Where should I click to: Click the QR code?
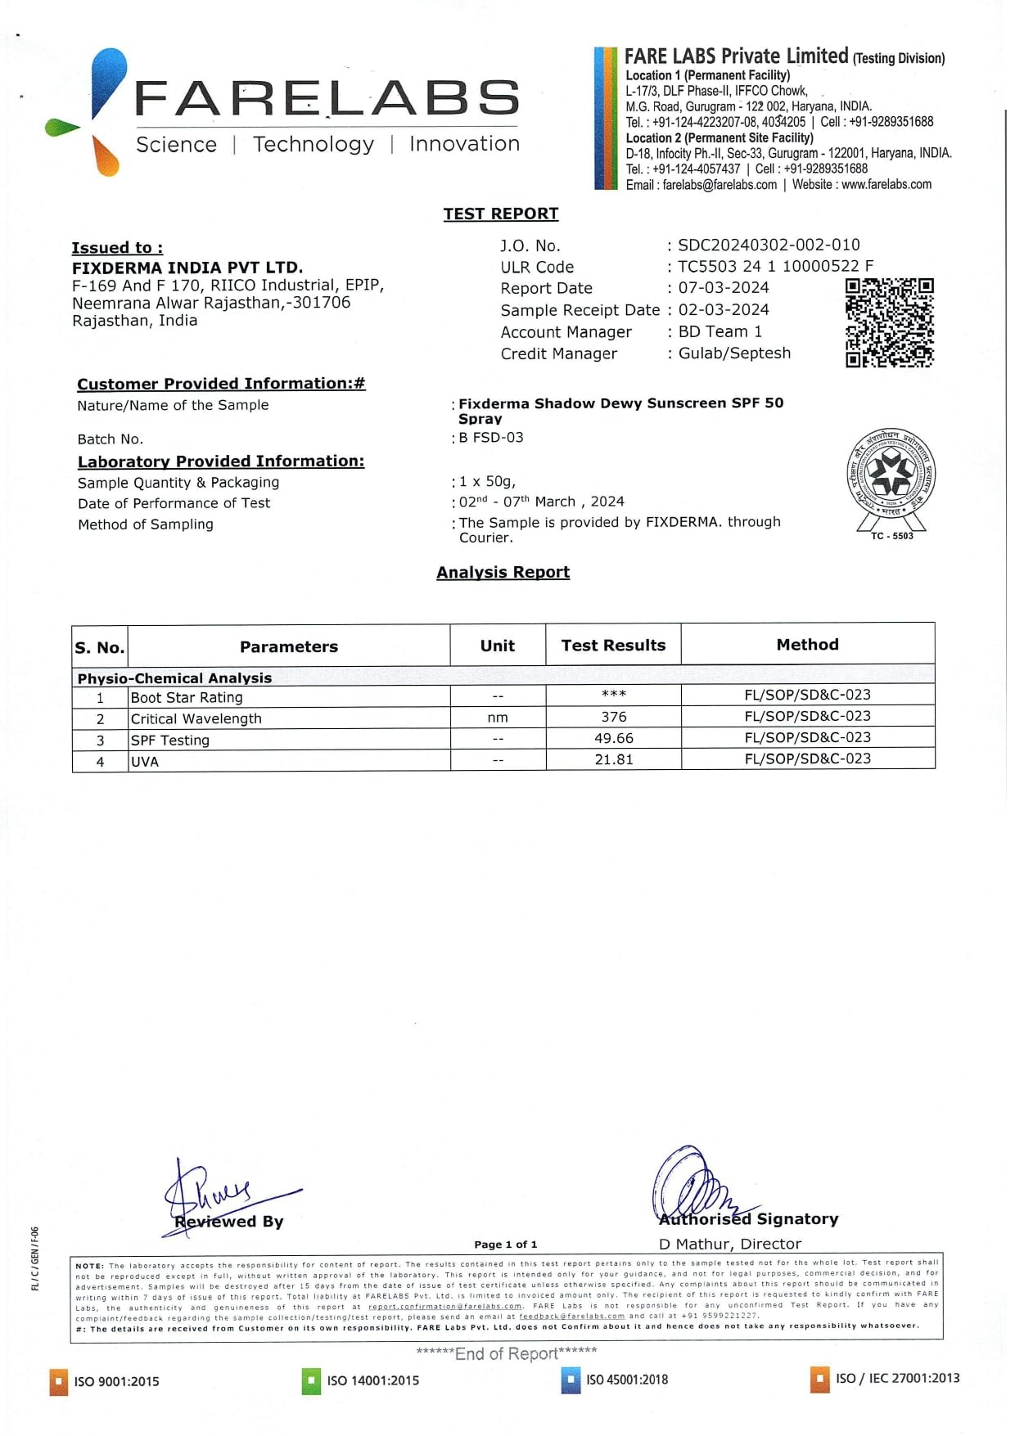pos(889,322)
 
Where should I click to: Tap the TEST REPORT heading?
pos(501,214)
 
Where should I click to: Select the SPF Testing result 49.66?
pos(614,738)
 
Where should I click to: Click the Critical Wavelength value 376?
pos(614,717)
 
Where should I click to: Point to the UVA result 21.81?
pos(614,759)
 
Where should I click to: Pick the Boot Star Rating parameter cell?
pos(187,697)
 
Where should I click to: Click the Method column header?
pos(807,645)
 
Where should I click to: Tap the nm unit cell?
pos(498,718)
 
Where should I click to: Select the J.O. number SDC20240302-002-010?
pos(769,245)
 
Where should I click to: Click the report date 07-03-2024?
pos(724,288)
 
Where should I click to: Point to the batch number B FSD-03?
pos(491,438)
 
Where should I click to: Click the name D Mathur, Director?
pos(730,1244)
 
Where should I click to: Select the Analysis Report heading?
pos(503,573)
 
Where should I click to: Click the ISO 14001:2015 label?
pos(372,1380)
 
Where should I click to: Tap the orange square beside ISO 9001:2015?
pos(59,1381)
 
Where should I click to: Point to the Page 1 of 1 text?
pos(506,1245)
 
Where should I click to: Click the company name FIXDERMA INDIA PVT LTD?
pos(187,268)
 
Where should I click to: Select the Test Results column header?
pos(613,646)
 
